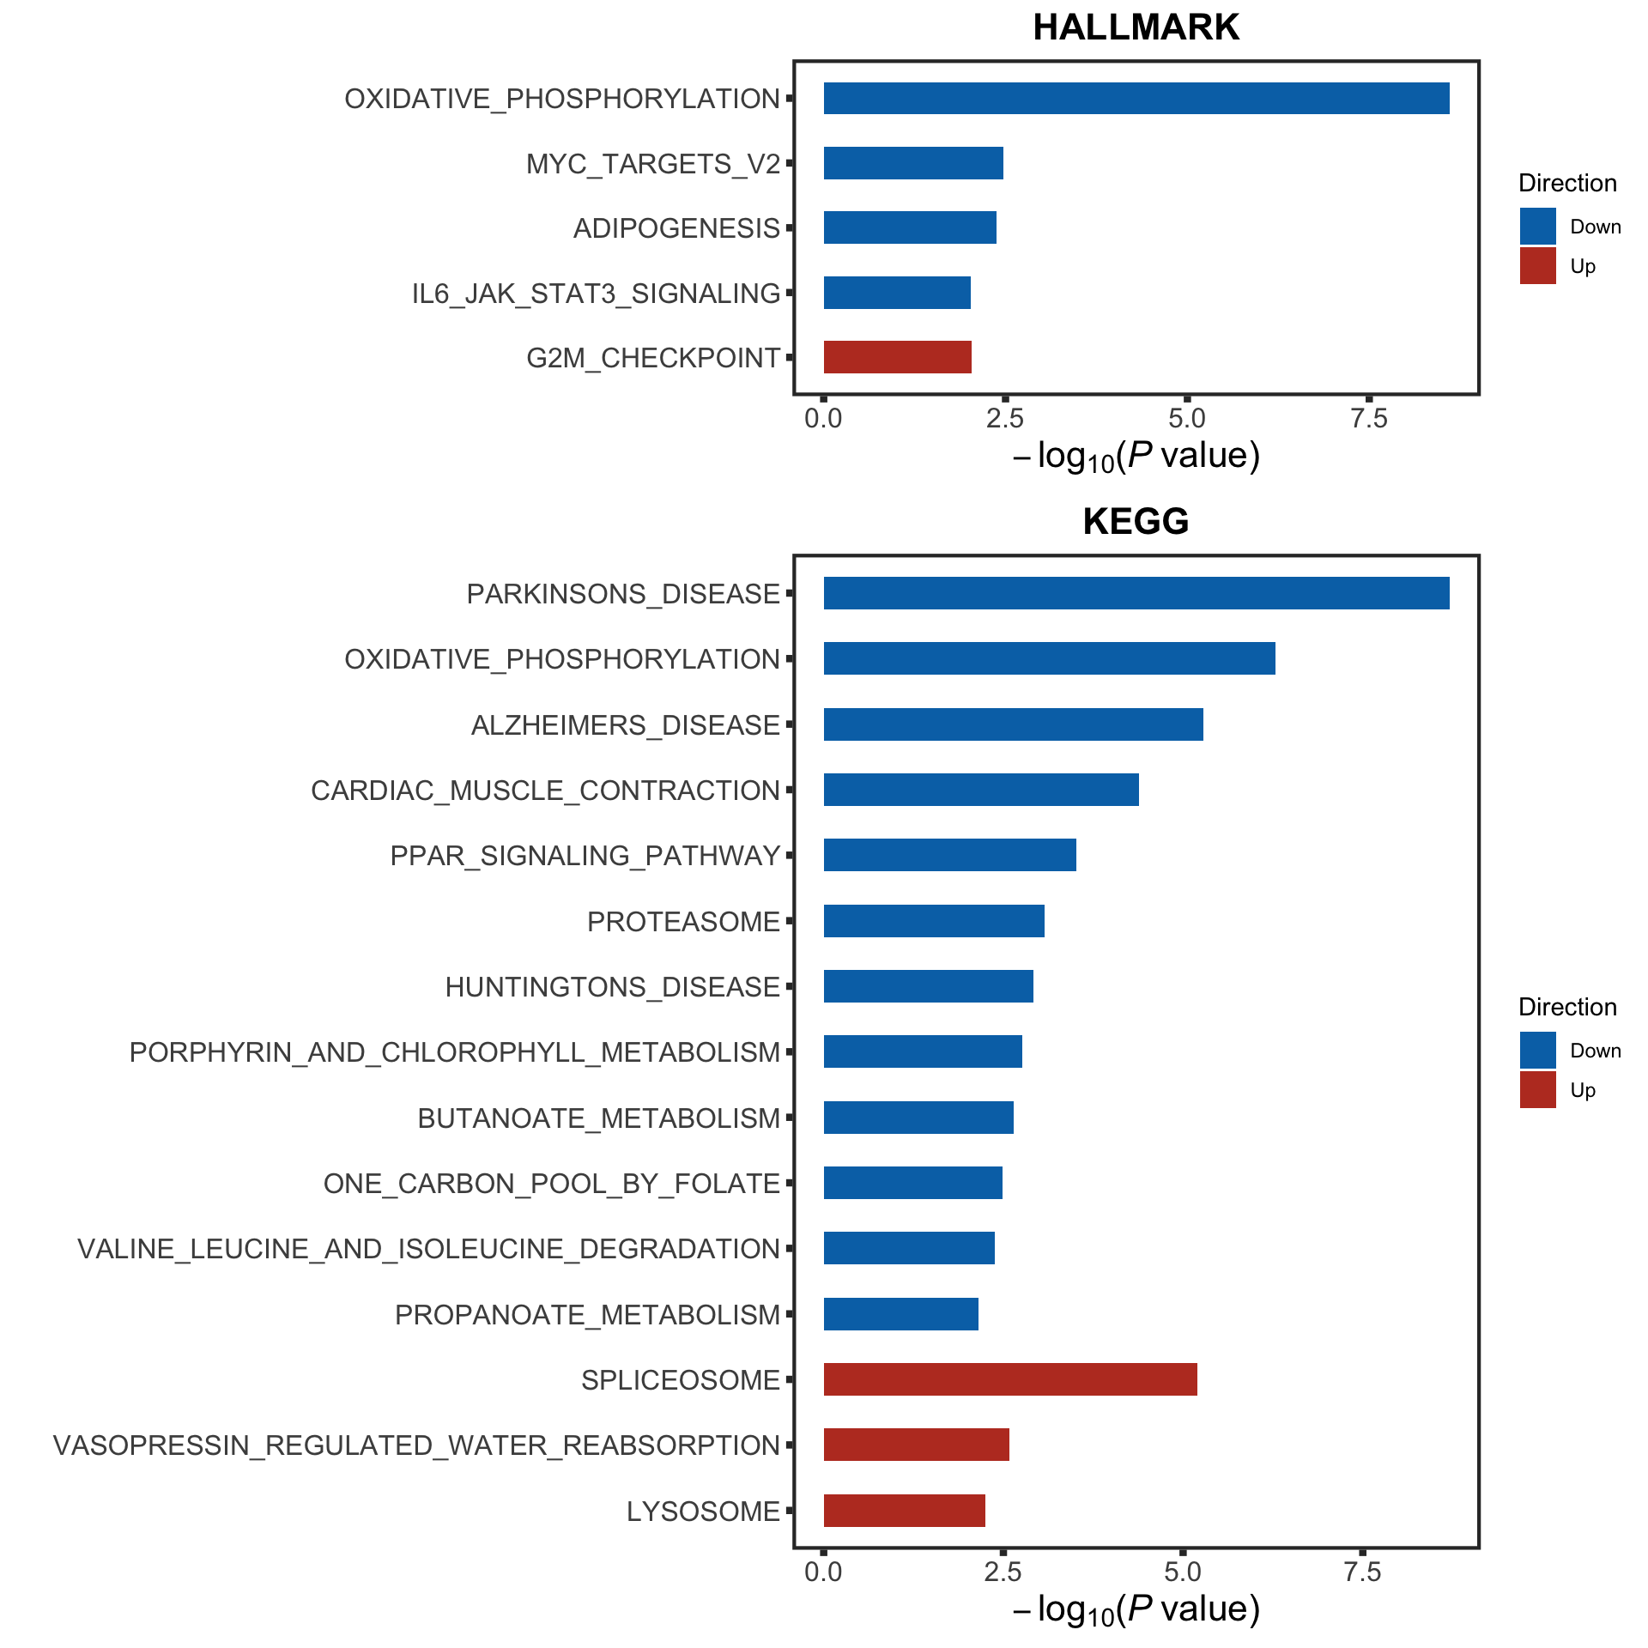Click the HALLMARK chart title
[x=1136, y=27]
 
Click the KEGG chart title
[x=1136, y=522]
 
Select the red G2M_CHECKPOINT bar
[x=897, y=357]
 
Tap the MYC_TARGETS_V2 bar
[x=913, y=163]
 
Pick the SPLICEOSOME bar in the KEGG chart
[x=1010, y=1379]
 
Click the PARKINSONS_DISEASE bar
[x=1136, y=593]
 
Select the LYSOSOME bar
[x=904, y=1511]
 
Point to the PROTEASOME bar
[x=934, y=921]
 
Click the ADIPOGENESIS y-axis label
[x=676, y=228]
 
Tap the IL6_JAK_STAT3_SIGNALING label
[x=596, y=294]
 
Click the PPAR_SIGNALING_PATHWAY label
[x=585, y=856]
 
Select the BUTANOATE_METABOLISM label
[x=598, y=1118]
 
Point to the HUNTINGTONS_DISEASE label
[x=612, y=987]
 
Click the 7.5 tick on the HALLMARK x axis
[x=1368, y=418]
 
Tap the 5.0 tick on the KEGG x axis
[x=1182, y=1572]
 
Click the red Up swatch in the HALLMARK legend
[x=1537, y=266]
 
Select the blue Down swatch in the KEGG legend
[x=1537, y=1050]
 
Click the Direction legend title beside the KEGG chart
[x=1567, y=1007]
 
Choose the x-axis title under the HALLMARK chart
[x=1136, y=456]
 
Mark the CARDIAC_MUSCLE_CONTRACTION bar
[x=981, y=790]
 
